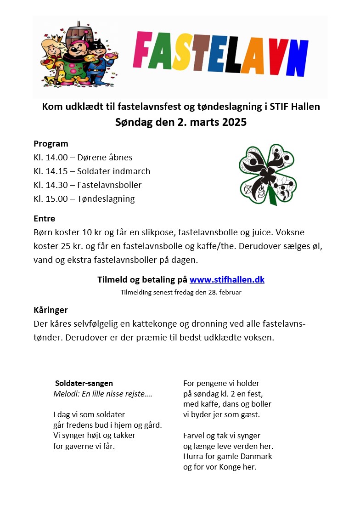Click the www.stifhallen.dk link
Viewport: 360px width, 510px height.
tap(227, 279)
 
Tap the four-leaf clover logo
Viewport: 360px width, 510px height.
tap(268, 174)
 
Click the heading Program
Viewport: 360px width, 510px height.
tap(51, 143)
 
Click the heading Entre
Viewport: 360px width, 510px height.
tap(45, 218)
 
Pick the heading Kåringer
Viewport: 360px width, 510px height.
tap(51, 310)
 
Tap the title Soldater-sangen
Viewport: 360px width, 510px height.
tap(84, 383)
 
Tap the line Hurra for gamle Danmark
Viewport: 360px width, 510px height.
tap(227, 456)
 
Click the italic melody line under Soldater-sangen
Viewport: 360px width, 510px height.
tap(103, 394)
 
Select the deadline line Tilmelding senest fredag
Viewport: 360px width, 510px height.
tap(181, 292)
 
